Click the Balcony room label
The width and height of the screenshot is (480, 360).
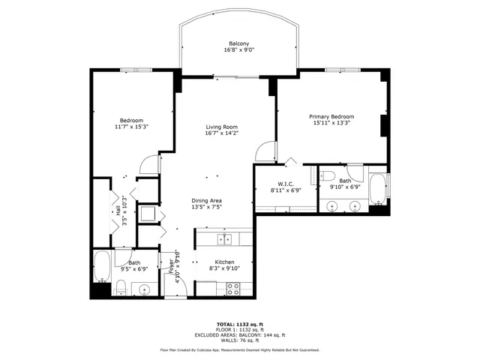pyautogui.click(x=239, y=43)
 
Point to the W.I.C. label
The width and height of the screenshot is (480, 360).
pyautogui.click(x=285, y=184)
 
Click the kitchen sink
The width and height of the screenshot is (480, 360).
pyautogui.click(x=224, y=239)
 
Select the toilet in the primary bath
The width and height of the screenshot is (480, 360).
pyautogui.click(x=327, y=175)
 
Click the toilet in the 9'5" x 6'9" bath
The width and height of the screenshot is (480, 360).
pyautogui.click(x=120, y=286)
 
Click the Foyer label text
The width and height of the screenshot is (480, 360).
pyautogui.click(x=170, y=268)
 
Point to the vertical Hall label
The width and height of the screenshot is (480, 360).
pyautogui.click(x=118, y=211)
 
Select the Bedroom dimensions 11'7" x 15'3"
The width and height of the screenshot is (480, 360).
pyautogui.click(x=131, y=127)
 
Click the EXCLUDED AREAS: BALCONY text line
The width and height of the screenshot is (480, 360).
pyautogui.click(x=239, y=334)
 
